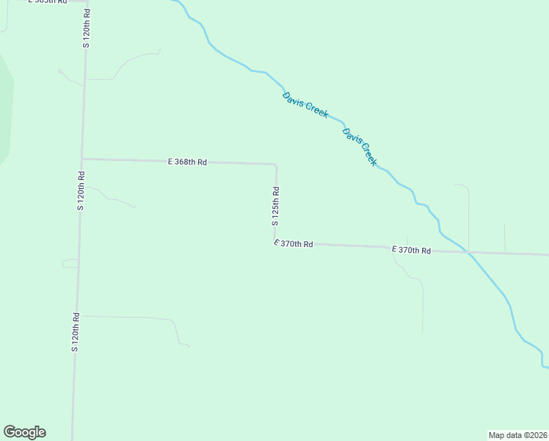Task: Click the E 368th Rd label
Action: point(188,161)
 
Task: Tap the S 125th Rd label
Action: point(276,207)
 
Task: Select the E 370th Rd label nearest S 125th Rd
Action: point(294,243)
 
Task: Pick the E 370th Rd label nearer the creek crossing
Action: point(411,251)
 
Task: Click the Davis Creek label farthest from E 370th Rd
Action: point(305,105)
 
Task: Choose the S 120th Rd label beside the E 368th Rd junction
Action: point(81,190)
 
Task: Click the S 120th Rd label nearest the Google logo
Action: point(75,331)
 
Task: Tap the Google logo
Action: point(24,432)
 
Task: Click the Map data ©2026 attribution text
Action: point(517,434)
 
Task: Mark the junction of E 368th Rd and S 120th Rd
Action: point(82,159)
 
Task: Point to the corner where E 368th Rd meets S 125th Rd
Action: point(274,165)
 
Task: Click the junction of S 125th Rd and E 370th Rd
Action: point(276,240)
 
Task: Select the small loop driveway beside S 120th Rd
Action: point(70,263)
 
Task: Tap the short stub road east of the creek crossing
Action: point(505,237)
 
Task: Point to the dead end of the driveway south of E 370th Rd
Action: point(423,331)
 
